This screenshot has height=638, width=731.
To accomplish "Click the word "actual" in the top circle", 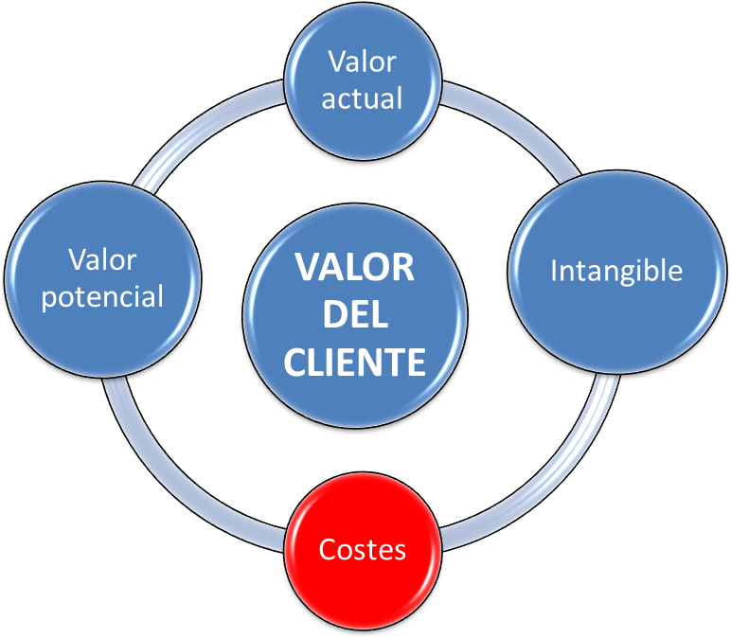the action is (362, 98).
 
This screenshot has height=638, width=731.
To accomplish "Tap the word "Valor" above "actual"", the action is (363, 62).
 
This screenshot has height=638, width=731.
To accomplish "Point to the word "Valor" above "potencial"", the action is (102, 259).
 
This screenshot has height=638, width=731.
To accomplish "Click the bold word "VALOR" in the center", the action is (355, 268).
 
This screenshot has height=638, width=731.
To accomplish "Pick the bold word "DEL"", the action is (355, 314).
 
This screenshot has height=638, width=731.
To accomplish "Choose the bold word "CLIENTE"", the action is (355, 362).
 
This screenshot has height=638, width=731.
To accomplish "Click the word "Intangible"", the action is (616, 272).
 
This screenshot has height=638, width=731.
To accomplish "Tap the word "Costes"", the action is (363, 549).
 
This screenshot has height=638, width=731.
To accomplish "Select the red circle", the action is (363, 551).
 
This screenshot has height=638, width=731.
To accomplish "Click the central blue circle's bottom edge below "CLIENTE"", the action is (355, 426).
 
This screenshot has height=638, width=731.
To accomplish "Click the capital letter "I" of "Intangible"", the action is (553, 271).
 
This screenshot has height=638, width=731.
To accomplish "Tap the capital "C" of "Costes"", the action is (329, 549).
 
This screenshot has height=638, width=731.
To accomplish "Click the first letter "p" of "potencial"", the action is (49, 300).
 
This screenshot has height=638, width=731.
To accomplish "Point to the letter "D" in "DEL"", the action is (334, 314).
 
